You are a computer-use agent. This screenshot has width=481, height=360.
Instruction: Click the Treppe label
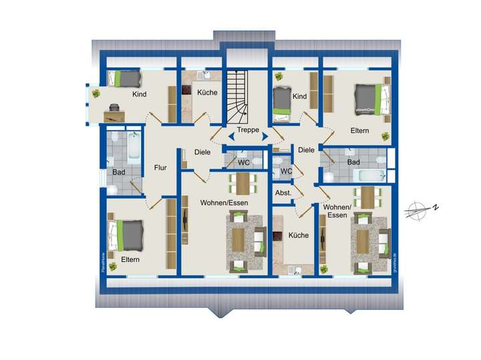coord(247,131)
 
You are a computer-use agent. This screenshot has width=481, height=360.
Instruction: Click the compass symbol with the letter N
coord(421,209)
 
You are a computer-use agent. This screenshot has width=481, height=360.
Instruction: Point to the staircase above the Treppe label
coord(237,94)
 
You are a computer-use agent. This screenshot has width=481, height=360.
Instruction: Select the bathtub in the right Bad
coord(369,176)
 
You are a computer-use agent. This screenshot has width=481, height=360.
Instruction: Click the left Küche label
coord(206,92)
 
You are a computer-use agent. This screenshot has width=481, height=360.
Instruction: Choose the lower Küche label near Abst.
coord(298,235)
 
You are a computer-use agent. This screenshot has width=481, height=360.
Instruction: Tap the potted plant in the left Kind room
coord(96,94)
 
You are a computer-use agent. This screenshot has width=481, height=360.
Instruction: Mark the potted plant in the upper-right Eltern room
coord(385,136)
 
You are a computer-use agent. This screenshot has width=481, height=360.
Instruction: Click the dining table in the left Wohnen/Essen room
coord(242,182)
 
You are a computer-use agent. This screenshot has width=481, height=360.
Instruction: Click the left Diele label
coord(202,152)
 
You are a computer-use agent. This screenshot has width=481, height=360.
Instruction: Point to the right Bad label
coord(353,162)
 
